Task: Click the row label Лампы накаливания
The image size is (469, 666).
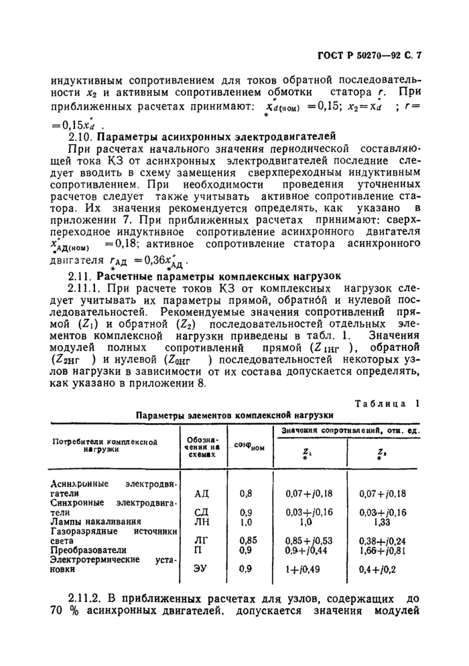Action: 96,521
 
